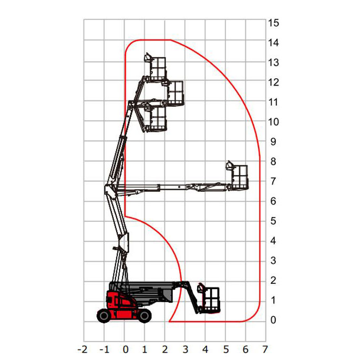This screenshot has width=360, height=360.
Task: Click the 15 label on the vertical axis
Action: point(273,23)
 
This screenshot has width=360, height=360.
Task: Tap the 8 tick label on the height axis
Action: point(273,162)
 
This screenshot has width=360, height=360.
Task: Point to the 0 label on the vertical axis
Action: point(273,320)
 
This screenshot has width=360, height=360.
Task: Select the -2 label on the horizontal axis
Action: point(83,349)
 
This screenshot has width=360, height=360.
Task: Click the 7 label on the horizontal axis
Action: point(265,349)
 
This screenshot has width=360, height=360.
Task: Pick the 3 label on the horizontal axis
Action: point(186,349)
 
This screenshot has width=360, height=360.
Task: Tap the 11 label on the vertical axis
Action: point(273,102)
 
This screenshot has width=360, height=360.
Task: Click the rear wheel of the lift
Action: point(104,316)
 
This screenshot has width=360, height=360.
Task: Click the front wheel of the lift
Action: point(145,316)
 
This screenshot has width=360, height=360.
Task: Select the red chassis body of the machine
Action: point(122,305)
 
